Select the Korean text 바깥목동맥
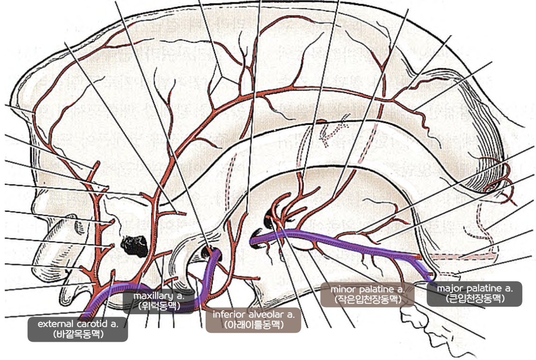pyautogui.click(x=78, y=334)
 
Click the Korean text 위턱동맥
pyautogui.click(x=158, y=306)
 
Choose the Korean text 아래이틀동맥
pyautogui.click(x=253, y=324)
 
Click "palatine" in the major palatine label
pyautogui.click(x=486, y=288)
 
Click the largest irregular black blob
pyautogui.click(x=134, y=243)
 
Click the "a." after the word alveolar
pyautogui.click(x=290, y=314)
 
